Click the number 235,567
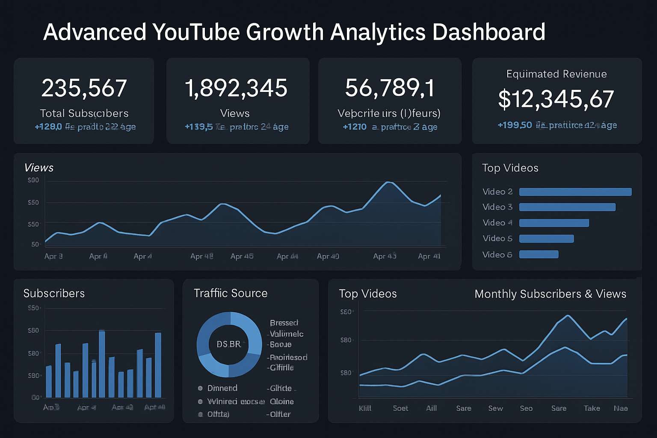tap(84, 88)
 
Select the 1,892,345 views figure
tap(236, 88)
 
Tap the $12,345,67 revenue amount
tap(556, 99)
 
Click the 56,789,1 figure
tap(390, 88)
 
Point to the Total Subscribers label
tap(84, 113)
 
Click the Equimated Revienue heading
tap(556, 74)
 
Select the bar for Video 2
tap(575, 192)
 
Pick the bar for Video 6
tap(539, 255)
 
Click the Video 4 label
tap(497, 223)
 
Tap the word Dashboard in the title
tap(488, 32)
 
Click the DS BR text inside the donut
tap(228, 344)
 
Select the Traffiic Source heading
tap(231, 293)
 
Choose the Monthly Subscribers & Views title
tap(550, 294)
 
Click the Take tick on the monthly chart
tap(592, 408)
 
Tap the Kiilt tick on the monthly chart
tap(365, 408)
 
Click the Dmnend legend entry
tap(222, 388)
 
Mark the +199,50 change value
tap(515, 125)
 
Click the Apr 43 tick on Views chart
tap(385, 256)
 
